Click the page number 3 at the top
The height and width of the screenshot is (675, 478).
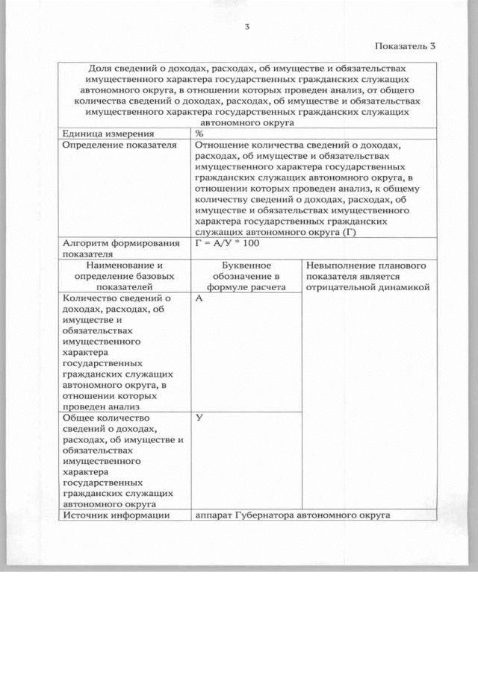coord(246,28)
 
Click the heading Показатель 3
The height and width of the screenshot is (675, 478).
coord(404,46)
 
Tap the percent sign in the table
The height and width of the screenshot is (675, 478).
coord(199,133)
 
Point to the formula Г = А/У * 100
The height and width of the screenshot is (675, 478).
coord(227,243)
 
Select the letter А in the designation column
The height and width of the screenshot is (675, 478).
coord(199,298)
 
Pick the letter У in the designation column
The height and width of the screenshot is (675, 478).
coord(199,418)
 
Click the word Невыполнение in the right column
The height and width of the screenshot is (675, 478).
coord(338,265)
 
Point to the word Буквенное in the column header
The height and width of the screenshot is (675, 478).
coord(246,265)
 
